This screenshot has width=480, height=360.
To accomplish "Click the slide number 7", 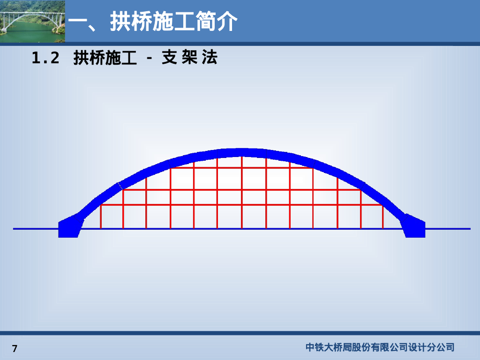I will tap(15, 349).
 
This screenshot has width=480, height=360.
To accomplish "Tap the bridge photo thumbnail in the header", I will tap(32, 21).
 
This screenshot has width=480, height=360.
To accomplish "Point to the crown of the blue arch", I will tap(241, 152).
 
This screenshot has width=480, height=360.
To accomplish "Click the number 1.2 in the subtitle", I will tap(45, 58).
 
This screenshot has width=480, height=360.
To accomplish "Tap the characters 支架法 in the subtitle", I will tap(189, 58).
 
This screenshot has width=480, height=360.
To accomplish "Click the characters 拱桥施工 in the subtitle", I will tap(105, 58).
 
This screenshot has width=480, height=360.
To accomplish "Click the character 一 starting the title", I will tap(78, 22).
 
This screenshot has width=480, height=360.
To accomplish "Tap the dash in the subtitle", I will tap(150, 59).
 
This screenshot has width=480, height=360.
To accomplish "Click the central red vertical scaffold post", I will tap(241, 192).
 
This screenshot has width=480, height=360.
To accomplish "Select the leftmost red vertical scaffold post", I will tap(101, 217).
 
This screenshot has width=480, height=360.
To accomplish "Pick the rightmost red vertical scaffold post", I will tap(383, 217).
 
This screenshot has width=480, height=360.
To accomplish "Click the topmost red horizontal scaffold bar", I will tap(241, 168).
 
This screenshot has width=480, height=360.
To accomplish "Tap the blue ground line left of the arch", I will tap(35, 229).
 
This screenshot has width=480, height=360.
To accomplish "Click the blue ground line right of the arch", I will tap(448, 229).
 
